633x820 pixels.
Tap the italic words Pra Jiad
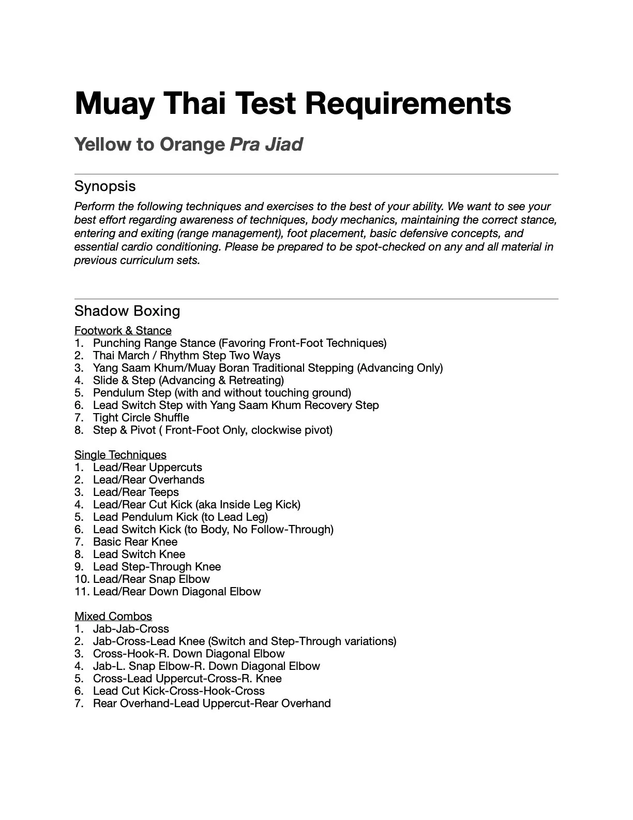point(266,144)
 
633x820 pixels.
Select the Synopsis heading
point(105,186)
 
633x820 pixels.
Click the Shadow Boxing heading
point(127,311)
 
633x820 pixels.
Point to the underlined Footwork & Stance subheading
point(123,330)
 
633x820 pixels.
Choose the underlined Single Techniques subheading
point(120,455)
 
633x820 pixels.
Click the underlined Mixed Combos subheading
point(113,616)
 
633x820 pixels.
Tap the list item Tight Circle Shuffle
point(141,417)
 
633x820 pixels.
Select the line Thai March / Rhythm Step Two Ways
point(187,355)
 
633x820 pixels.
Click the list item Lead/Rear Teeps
point(135,492)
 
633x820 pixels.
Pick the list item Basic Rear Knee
point(135,541)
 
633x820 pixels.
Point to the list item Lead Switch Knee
point(139,554)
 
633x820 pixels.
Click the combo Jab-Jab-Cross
point(131,628)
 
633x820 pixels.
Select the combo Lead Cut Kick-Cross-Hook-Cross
point(178,691)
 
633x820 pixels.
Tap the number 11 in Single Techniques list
point(80,591)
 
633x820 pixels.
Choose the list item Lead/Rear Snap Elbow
point(151,579)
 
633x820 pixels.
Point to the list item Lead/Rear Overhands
point(148,479)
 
